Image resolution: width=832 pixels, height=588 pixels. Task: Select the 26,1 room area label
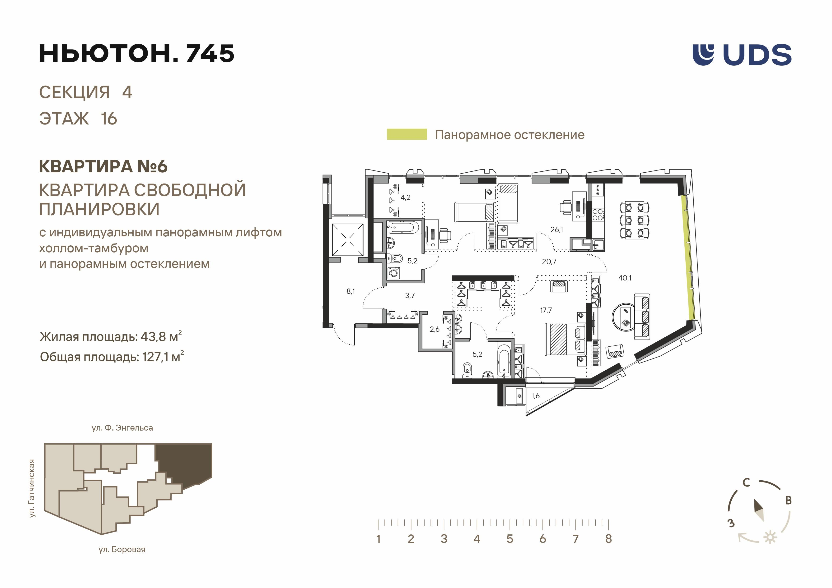[x=556, y=229]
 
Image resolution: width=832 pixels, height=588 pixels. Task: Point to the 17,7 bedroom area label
[x=546, y=310]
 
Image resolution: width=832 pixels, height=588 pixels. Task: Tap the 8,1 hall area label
[x=351, y=291]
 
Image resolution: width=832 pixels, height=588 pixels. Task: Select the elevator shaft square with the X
[x=347, y=240]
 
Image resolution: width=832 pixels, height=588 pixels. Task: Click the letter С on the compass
[x=746, y=483]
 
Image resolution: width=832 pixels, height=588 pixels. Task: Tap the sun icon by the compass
[x=770, y=537]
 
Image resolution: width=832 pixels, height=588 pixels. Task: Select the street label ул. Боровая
[x=122, y=549]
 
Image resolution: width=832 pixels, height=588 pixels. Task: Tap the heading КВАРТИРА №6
[x=103, y=166]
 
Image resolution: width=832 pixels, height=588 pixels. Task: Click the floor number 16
[x=109, y=119]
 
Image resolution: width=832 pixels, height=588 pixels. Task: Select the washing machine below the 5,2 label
[x=393, y=272]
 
